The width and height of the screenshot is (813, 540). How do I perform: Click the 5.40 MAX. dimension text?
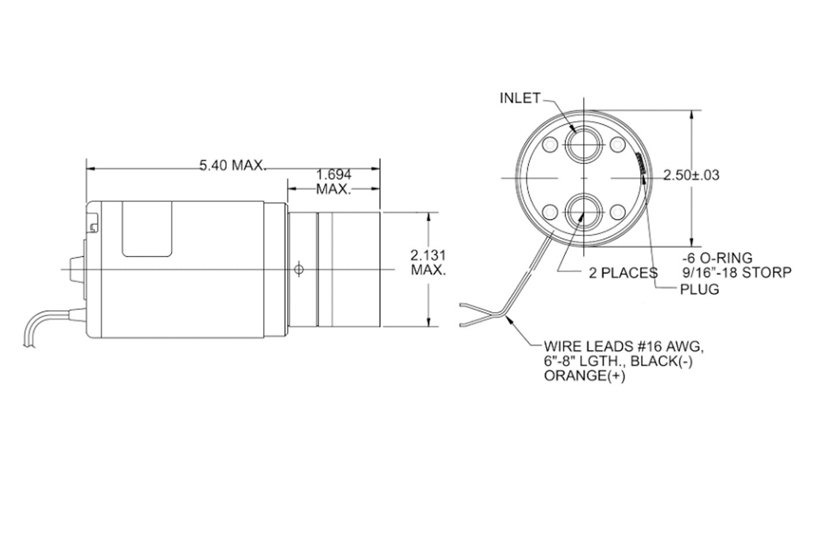(233, 165)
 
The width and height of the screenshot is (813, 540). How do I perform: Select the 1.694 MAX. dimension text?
(334, 182)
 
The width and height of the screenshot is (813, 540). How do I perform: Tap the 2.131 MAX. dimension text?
(428, 262)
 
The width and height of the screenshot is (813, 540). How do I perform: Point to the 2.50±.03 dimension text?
(691, 175)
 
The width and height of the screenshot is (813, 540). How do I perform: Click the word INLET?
(520, 98)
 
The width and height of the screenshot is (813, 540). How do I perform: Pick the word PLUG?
(699, 289)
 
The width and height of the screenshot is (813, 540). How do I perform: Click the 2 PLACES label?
(623, 273)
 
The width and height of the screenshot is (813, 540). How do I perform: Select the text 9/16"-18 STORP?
(736, 272)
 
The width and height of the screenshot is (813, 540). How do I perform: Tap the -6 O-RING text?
(717, 258)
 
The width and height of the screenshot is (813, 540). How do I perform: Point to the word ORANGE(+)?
(584, 376)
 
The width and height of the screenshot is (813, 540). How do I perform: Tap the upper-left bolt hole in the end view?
(548, 142)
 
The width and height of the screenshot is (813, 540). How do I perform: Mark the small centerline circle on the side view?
(299, 269)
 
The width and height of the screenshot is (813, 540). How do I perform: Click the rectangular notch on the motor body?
(148, 229)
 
